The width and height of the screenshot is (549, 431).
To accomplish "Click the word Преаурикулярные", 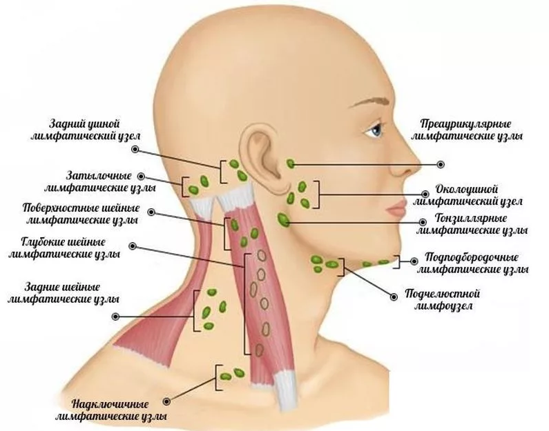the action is point(465,124).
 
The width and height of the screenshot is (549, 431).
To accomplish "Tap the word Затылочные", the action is point(99,176).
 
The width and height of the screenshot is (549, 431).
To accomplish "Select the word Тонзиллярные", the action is point(471,219).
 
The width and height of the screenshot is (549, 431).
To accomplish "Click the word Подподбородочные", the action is point(471,258).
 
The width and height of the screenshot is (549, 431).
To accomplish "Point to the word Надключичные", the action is point(110,405).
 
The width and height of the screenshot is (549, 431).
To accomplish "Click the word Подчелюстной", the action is point(442,294).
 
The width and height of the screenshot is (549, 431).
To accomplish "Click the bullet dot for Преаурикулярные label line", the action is point(441,164).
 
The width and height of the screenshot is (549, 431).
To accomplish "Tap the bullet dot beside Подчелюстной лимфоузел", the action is point(394,297).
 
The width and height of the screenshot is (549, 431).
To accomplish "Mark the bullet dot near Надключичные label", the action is point(166,401).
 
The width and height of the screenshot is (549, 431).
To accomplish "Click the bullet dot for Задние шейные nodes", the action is point(115,317).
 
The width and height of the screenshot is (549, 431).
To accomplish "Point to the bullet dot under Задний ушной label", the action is point(135,150).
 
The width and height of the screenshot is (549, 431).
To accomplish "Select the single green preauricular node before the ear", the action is point(291,163).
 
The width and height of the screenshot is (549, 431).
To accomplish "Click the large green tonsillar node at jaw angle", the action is point(283,220).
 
